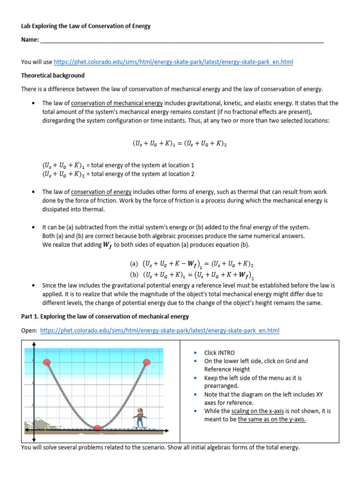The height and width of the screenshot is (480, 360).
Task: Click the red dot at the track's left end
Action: tap(47, 362)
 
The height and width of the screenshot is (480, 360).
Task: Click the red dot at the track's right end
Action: tap(146, 362)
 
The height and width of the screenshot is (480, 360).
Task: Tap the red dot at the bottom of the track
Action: tap(97, 427)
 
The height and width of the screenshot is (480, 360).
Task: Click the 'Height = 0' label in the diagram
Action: tap(54, 426)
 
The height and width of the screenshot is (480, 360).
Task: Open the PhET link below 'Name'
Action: tap(173, 62)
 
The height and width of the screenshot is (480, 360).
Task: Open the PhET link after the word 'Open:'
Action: tap(160, 330)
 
